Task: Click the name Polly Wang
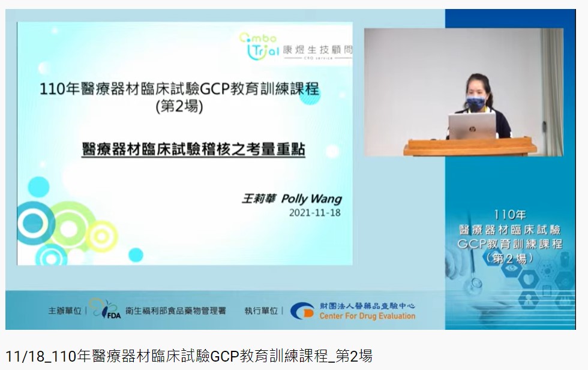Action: click(x=311, y=198)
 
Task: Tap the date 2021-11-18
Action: click(x=314, y=213)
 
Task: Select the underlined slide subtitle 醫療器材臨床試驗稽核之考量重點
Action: click(x=193, y=149)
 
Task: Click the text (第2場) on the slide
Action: click(x=179, y=107)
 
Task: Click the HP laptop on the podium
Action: click(x=472, y=126)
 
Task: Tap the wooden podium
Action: click(x=470, y=146)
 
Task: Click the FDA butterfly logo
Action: click(x=106, y=308)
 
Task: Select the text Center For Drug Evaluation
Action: click(x=367, y=316)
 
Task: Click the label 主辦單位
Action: click(x=65, y=311)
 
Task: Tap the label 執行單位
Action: click(x=261, y=311)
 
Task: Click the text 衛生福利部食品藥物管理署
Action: click(x=175, y=311)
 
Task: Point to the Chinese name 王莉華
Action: click(x=259, y=198)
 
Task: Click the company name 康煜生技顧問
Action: click(x=317, y=50)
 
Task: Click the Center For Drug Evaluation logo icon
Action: click(x=302, y=311)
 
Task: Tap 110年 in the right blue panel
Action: click(x=509, y=215)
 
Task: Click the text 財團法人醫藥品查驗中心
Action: click(x=367, y=306)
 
